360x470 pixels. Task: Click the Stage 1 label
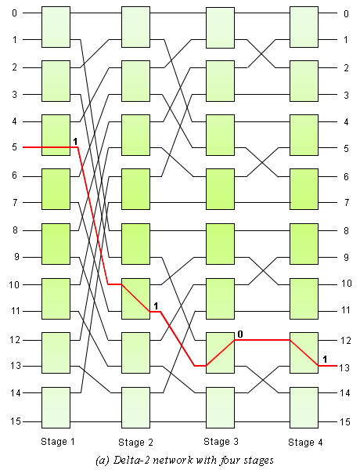[x=57, y=442]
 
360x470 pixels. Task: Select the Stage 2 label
[x=135, y=442]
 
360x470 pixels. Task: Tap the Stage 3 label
[x=221, y=442]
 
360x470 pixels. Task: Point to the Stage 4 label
[x=305, y=442]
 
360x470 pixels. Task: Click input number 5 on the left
[x=15, y=147]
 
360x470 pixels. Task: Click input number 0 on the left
[x=14, y=13]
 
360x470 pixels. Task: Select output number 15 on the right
[x=345, y=421]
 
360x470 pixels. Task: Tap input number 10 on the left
[x=15, y=284]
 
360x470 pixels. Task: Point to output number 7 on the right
[x=347, y=203]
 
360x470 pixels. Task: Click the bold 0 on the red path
[x=240, y=334]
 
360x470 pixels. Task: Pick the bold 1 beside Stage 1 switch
[x=75, y=142]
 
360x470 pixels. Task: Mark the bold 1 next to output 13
[x=325, y=359]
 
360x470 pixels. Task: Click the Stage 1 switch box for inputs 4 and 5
[x=56, y=135]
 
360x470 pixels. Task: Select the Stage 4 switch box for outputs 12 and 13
[x=304, y=352]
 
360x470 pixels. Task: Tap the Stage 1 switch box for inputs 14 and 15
[x=56, y=407]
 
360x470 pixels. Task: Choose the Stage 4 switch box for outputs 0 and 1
[x=304, y=27]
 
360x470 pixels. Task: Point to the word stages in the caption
[x=259, y=461]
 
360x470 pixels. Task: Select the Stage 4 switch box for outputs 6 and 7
[x=304, y=189]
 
